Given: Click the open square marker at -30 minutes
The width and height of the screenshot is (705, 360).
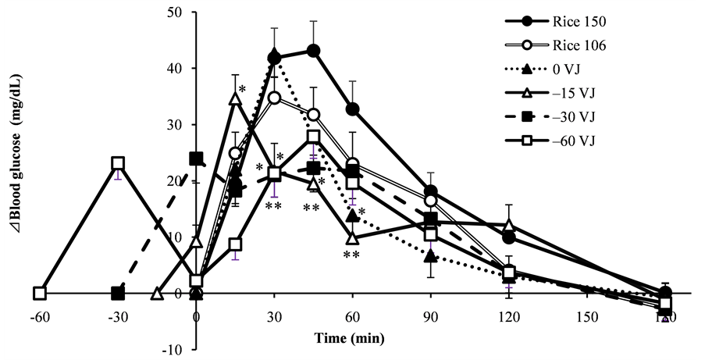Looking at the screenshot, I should coord(118,164).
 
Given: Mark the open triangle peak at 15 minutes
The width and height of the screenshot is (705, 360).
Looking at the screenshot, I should coord(235,98).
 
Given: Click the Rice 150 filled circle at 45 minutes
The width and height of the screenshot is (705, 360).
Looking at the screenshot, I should coord(313,51).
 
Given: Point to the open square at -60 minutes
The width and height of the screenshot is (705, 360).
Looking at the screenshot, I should coord(40,294).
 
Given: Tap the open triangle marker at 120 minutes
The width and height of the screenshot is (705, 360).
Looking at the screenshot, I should coord(509,226).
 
